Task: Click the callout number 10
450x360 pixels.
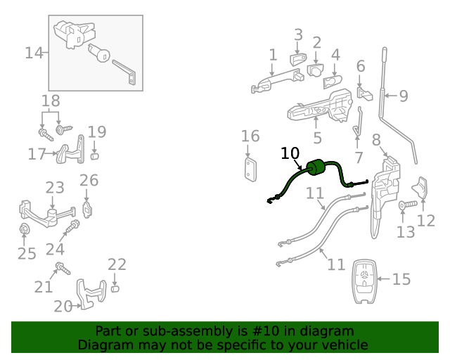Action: (x=290, y=153)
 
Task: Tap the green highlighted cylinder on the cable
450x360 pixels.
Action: (x=314, y=167)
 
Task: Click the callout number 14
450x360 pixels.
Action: (x=34, y=53)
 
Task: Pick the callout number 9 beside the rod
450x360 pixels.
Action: (x=404, y=96)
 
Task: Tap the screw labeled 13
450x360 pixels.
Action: (x=407, y=205)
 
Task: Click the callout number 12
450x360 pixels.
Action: (x=426, y=221)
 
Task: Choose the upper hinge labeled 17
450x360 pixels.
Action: (x=67, y=153)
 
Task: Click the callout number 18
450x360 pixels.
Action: (x=51, y=101)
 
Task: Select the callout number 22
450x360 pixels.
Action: (x=117, y=264)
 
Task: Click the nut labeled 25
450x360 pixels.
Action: (x=22, y=229)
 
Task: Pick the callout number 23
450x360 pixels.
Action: (x=55, y=188)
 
